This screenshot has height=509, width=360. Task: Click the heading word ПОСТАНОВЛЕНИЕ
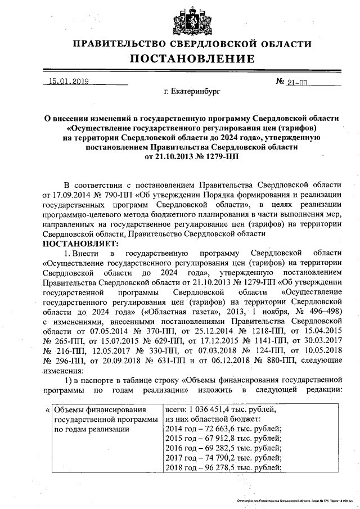tap(192, 59)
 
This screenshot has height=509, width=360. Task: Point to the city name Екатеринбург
tap(192, 91)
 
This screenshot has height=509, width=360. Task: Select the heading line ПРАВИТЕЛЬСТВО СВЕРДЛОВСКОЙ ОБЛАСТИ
tap(192, 44)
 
